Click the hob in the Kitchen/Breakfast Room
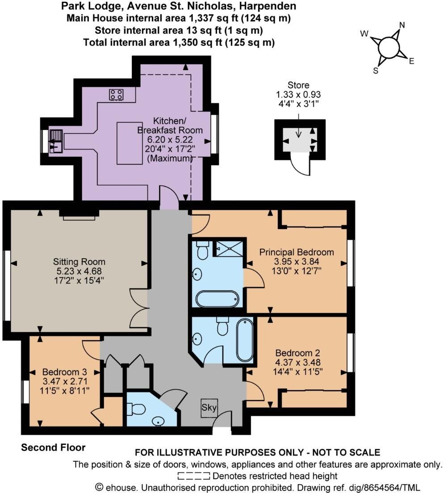pyautogui.click(x=116, y=94)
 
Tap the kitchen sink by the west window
pyautogui.click(x=56, y=141)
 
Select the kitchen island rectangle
pyautogui.click(x=130, y=143)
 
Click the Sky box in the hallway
pyautogui.click(x=209, y=408)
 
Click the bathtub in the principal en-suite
pyautogui.click(x=217, y=299)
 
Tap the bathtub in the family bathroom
pyautogui.click(x=245, y=341)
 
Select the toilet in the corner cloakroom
pyautogui.click(x=135, y=409)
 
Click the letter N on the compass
pyautogui.click(x=402, y=25)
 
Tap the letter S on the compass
pyautogui.click(x=376, y=71)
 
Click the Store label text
pyautogui.click(x=298, y=85)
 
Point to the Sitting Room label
pyautogui.click(x=79, y=262)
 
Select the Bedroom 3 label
pyautogui.click(x=64, y=372)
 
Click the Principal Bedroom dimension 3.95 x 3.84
pyautogui.click(x=297, y=261)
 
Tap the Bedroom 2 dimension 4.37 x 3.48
pyautogui.click(x=298, y=362)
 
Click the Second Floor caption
pyautogui.click(x=53, y=447)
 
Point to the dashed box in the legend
pyautogui.click(x=194, y=476)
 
